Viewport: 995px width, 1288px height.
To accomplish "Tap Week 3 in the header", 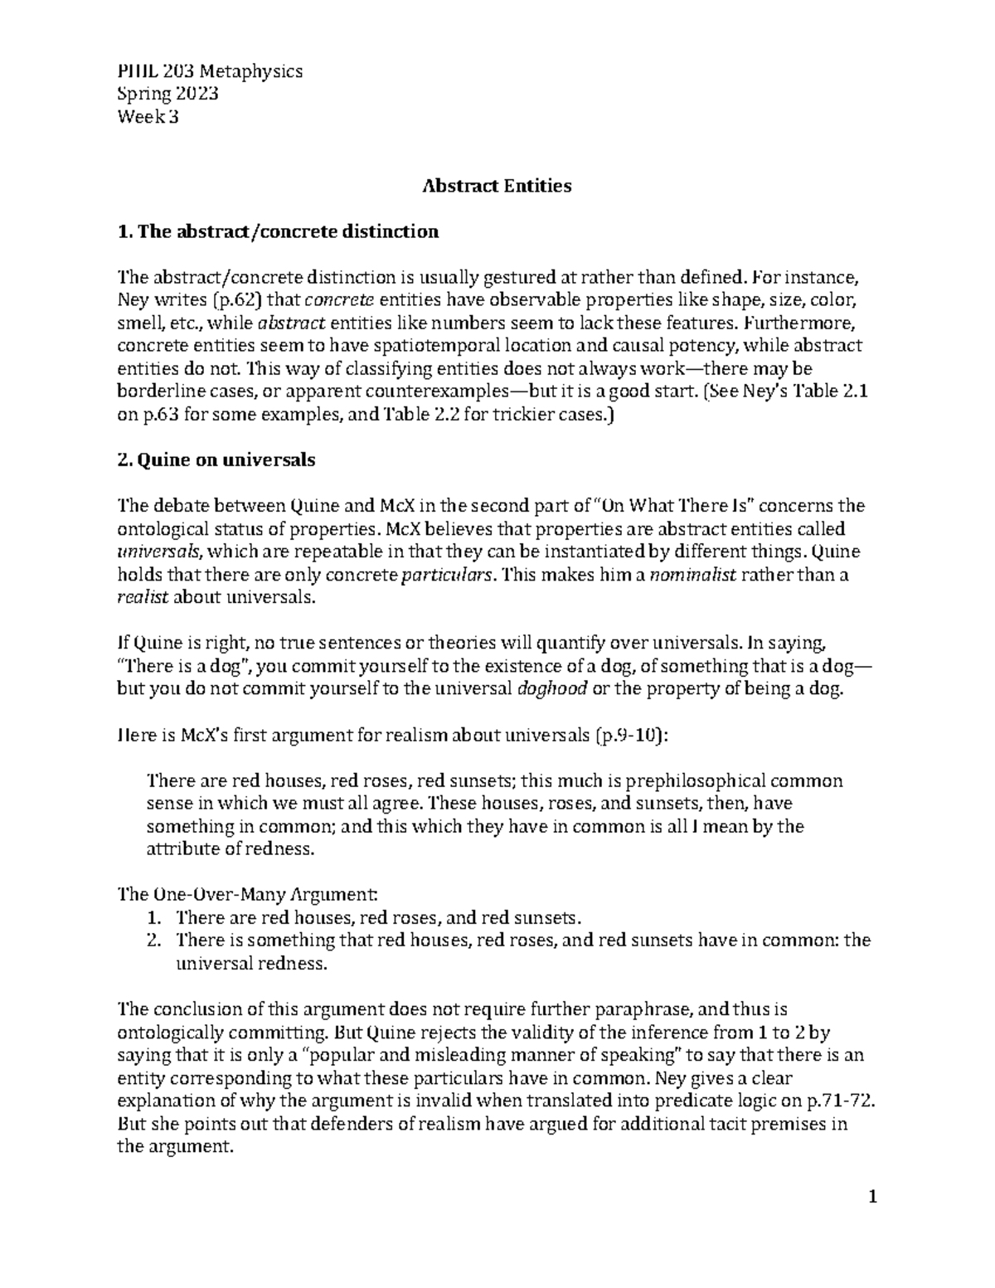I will coord(148,117).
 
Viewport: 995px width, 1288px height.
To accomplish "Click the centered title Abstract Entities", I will coord(497,186).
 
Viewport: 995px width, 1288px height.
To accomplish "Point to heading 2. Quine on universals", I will coord(217,460).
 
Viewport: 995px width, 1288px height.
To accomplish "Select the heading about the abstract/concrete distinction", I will coord(279,231).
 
